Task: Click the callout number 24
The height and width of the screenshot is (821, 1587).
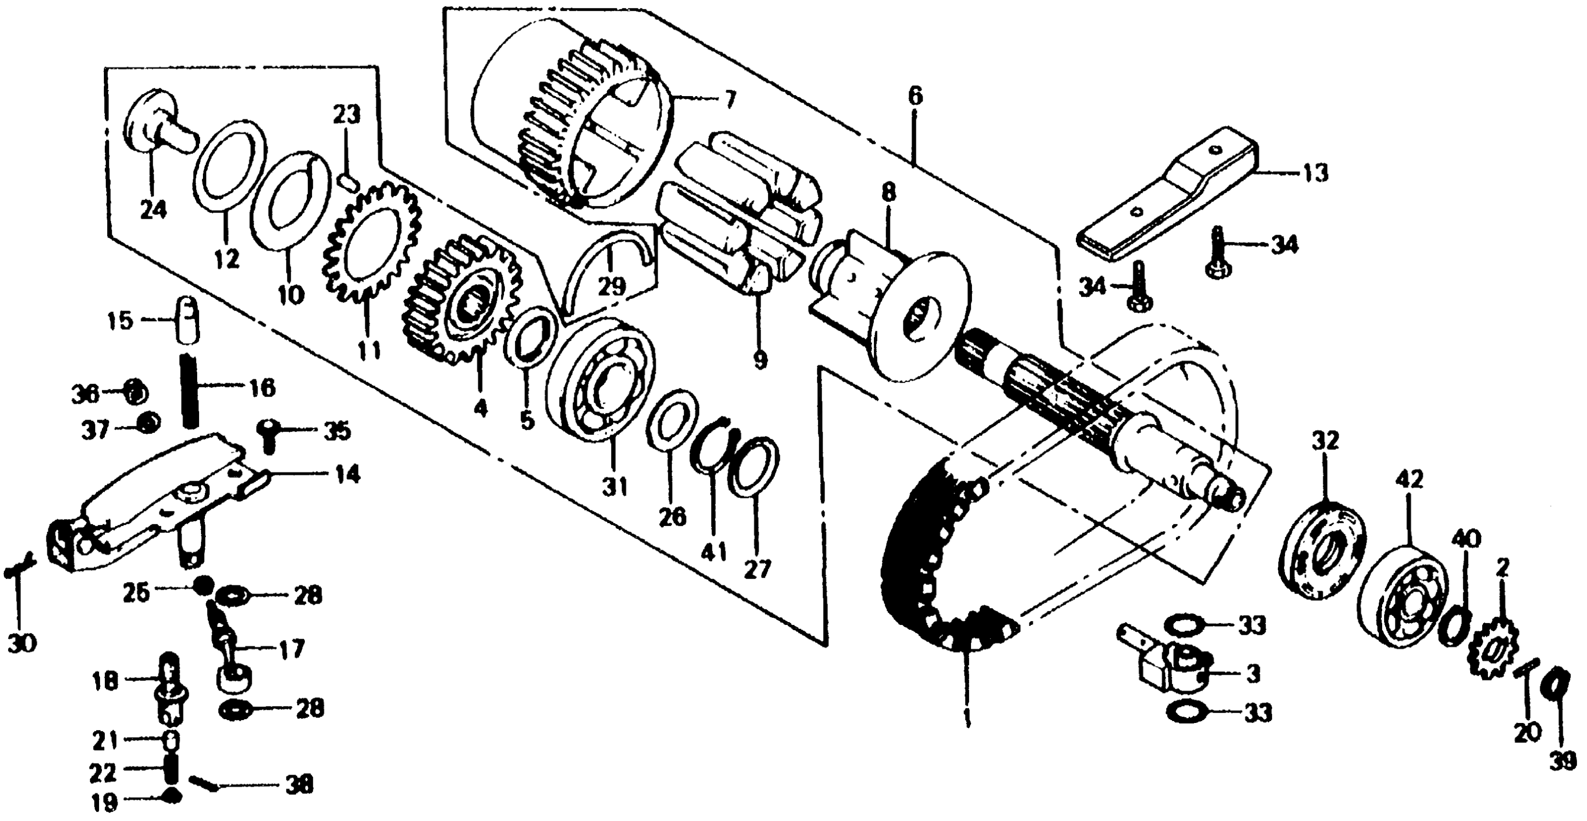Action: (153, 210)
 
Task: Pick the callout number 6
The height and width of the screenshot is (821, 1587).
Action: (915, 97)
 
